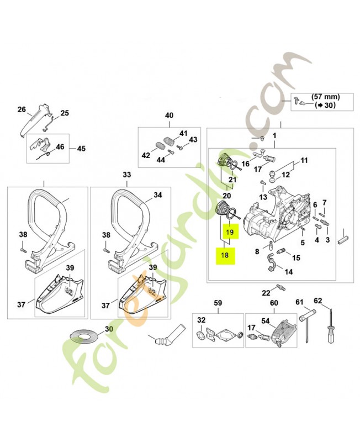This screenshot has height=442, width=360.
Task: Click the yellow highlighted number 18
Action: tap(225, 255)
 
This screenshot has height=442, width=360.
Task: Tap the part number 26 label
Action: tap(22, 109)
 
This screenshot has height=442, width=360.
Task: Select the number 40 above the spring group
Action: tap(169, 115)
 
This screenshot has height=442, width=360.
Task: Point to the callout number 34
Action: tap(157, 194)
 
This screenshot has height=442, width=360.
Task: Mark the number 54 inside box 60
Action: tap(264, 320)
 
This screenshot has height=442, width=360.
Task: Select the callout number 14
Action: tap(289, 271)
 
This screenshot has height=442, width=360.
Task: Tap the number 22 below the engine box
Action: tap(266, 292)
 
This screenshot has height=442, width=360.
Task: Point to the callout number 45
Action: tap(81, 149)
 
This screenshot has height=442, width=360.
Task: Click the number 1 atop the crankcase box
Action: tap(274, 135)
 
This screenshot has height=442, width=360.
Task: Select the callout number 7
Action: tap(324, 202)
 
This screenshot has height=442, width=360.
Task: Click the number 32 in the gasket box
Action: tap(201, 320)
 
